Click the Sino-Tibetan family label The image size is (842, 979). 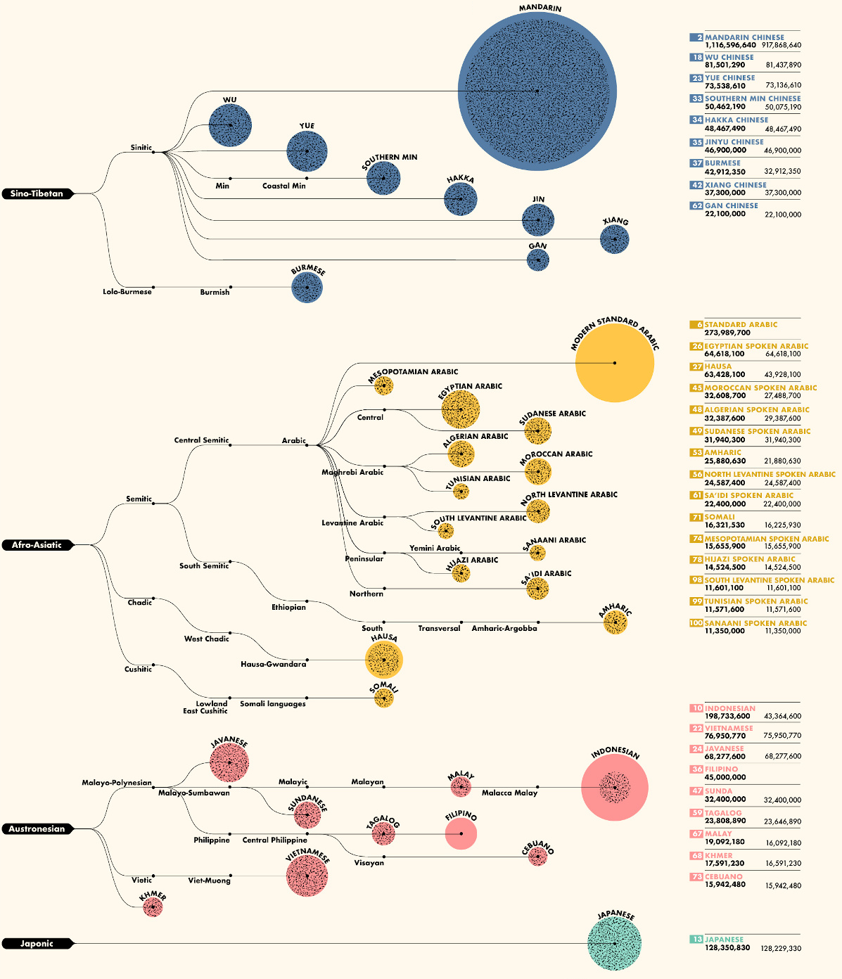pos(37,193)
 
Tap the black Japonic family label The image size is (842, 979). pos(37,943)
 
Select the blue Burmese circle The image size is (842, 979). pos(307,288)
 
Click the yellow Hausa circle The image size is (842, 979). pos(383,660)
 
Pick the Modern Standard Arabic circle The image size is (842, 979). pos(614,363)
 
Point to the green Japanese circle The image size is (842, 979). pos(614,943)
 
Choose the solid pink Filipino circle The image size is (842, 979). pos(461,834)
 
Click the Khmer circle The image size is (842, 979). pos(153,907)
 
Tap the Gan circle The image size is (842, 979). pos(537,260)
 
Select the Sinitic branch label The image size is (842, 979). pos(141,148)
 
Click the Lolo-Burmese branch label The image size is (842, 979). pos(127,292)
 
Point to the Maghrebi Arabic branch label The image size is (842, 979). pos(352,473)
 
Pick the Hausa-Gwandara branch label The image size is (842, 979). pos(273,664)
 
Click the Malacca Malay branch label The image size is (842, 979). pos(509,793)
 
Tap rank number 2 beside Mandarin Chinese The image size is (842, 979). pos(696,37)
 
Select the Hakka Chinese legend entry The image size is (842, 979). pos(736,120)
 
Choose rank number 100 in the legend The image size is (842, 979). pos(696,623)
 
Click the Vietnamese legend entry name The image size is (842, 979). pos(729,729)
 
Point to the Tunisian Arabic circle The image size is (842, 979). pos(461,492)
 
